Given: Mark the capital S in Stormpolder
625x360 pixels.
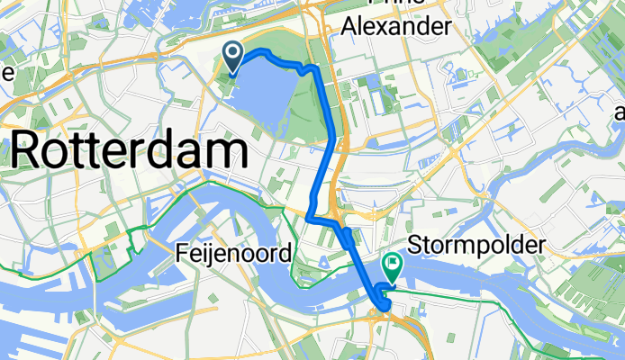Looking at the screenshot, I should (x=416, y=245).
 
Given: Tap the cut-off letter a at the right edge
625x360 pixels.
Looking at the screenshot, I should (x=619, y=112).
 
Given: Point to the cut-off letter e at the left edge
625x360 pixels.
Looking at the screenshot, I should (x=4, y=71).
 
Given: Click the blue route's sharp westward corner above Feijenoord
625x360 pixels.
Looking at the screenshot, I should (x=308, y=219).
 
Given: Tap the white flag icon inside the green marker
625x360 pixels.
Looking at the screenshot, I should (x=394, y=264).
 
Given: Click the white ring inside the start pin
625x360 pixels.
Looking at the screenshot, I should (x=233, y=54).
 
